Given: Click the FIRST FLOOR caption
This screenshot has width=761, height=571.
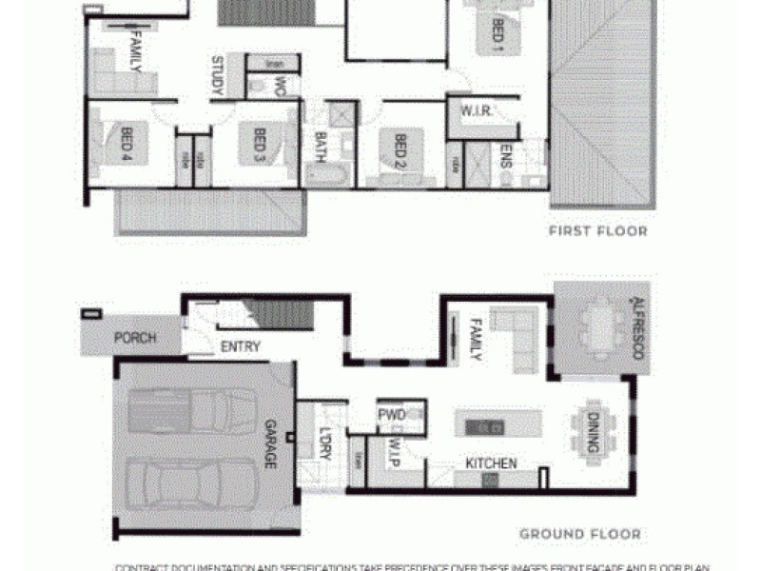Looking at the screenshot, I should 597,231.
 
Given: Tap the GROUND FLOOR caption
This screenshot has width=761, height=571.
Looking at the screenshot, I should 580,535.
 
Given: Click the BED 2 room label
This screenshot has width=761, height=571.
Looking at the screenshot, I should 400,150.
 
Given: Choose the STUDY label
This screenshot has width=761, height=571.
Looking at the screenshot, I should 217,76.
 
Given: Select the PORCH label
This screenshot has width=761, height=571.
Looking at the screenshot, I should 135,338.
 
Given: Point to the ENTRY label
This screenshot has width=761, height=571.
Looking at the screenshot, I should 240,347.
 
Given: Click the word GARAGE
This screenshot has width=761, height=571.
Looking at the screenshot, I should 269,444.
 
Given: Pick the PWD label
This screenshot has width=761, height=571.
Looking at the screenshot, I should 392,415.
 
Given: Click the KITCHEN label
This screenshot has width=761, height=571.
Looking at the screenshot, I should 491,463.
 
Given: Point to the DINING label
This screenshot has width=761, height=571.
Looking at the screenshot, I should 592,432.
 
